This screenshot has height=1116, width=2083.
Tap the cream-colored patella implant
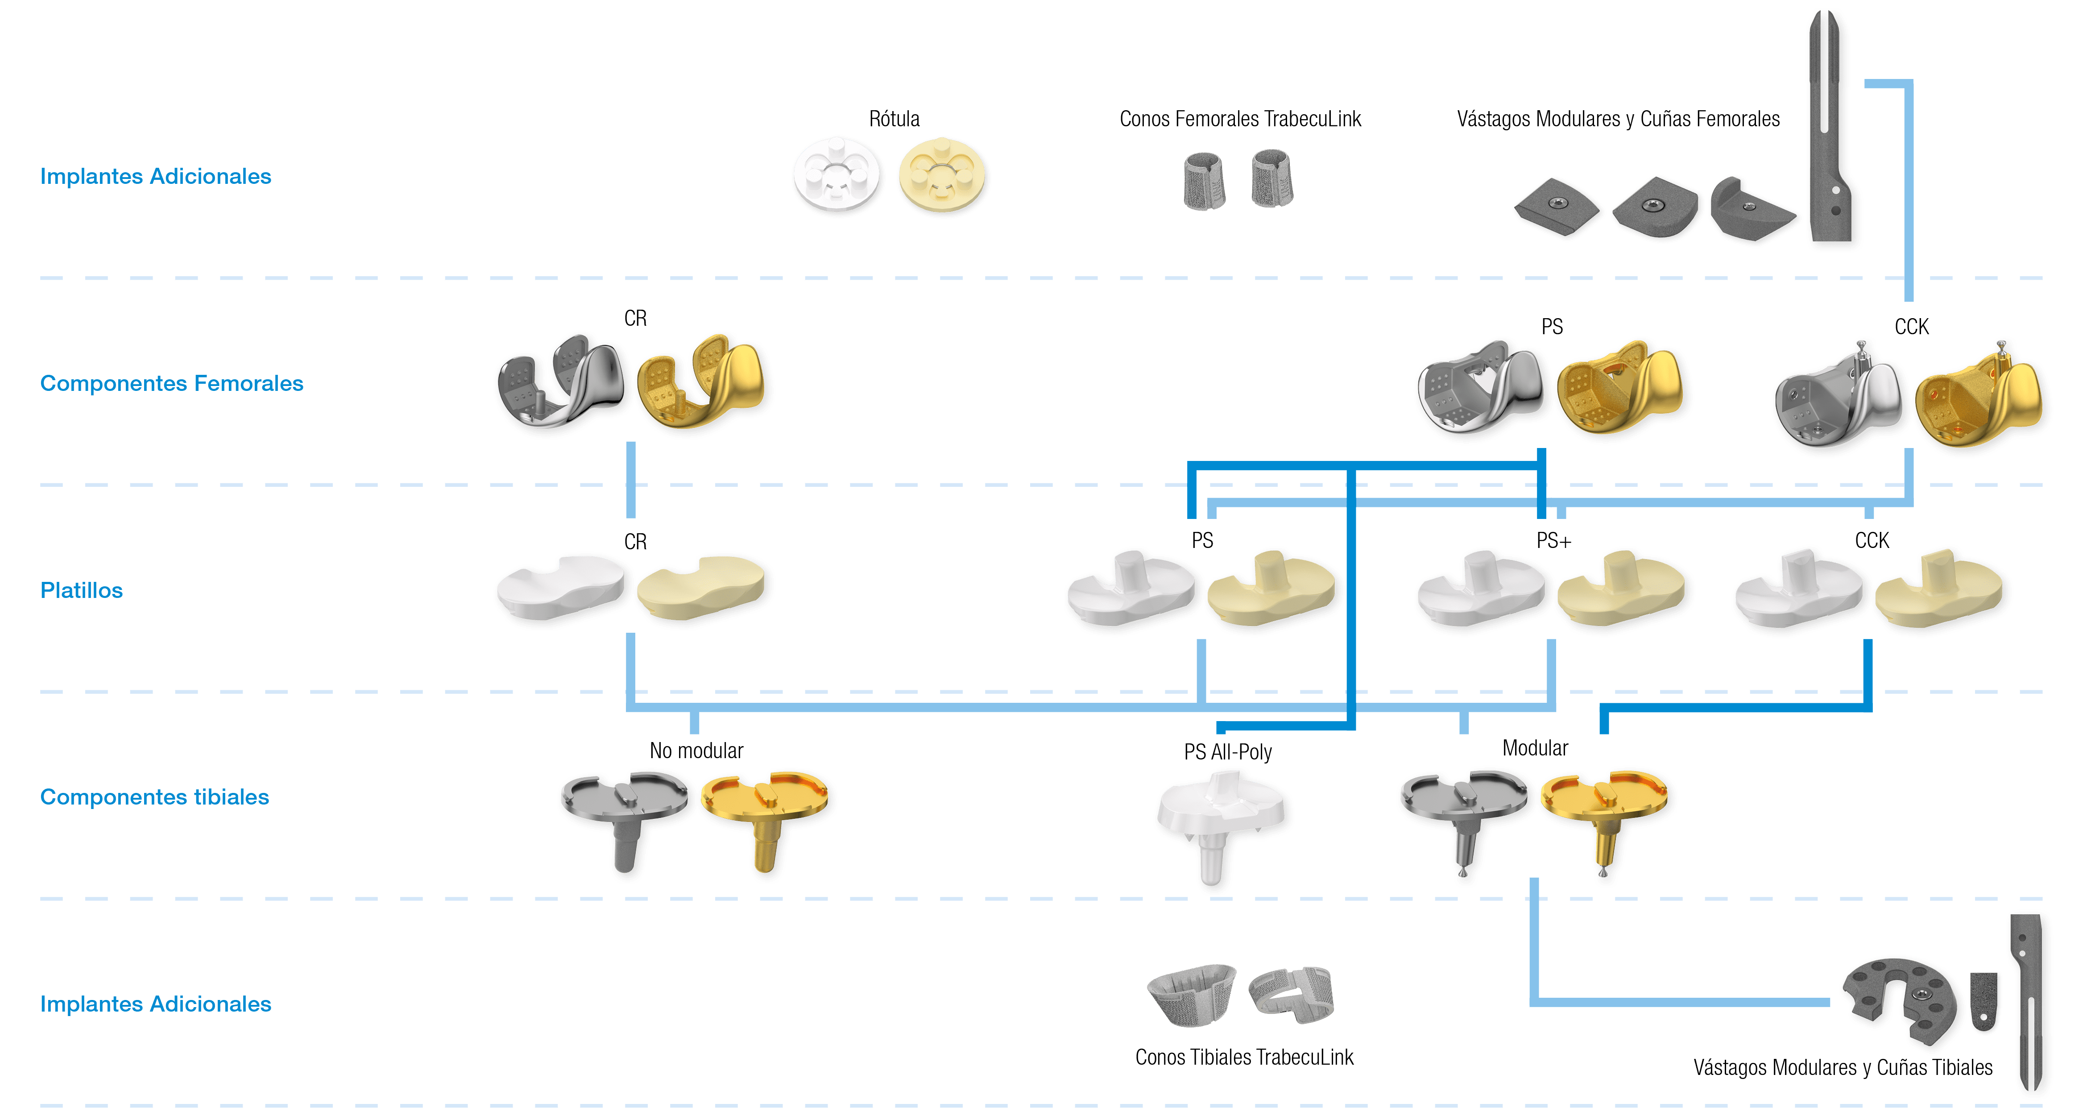click(942, 174)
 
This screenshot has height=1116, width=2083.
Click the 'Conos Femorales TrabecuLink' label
click(1240, 119)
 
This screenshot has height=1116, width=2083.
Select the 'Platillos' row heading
click(82, 590)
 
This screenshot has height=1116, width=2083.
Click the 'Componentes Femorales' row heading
click(171, 383)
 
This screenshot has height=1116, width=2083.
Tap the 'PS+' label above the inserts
click(1553, 540)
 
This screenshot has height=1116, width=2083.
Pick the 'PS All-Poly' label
click(1227, 752)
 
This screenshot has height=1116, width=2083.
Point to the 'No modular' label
click(696, 751)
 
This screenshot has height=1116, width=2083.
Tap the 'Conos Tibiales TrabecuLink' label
click(1244, 1057)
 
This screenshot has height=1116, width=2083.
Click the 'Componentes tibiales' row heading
click(154, 797)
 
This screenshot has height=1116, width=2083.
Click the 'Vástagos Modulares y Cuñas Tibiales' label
click(1843, 1067)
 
